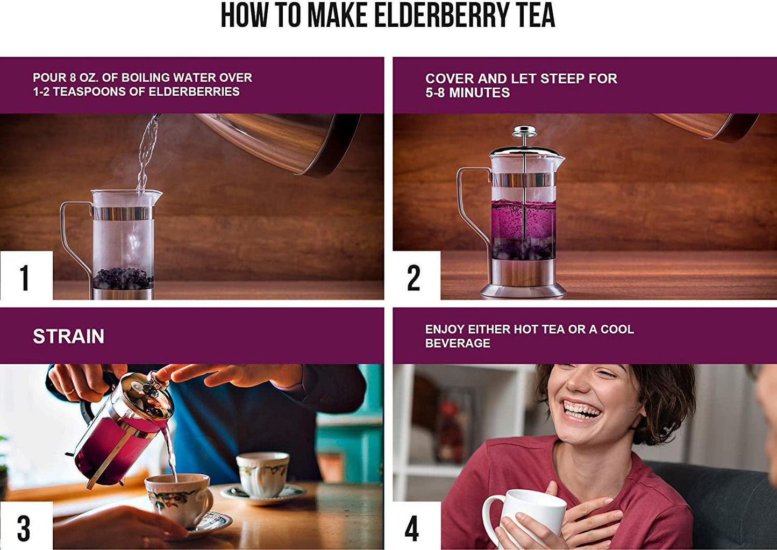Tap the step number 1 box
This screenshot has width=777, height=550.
coord(26,276)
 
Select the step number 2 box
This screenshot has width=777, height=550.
coord(415,276)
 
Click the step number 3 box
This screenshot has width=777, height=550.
coord(25,526)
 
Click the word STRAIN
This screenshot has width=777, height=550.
coord(68,337)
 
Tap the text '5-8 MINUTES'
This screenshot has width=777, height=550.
coord(467,93)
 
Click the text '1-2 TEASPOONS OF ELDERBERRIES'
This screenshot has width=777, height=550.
coord(136,92)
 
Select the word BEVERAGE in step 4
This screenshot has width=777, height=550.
coord(458,344)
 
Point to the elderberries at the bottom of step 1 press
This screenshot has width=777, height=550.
coord(123,278)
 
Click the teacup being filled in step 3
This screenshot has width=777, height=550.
coord(177,497)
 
